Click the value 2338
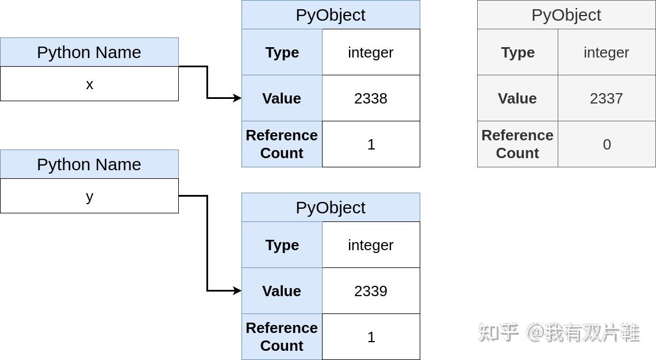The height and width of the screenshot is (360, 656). coord(370,98)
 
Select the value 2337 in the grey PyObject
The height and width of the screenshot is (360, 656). coord(606,98)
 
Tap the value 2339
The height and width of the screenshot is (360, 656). coord(370,291)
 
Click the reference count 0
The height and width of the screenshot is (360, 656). coord(607,144)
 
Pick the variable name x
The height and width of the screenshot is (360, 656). coord(89,85)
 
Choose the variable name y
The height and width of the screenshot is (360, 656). coord(89,197)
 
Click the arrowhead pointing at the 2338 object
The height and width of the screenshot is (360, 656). coord(237,98)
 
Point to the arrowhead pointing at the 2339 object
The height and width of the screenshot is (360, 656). coord(237,291)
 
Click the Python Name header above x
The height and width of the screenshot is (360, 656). coord(89,52)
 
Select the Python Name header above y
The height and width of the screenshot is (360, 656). coord(89,164)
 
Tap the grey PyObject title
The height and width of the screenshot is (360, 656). coord(566,15)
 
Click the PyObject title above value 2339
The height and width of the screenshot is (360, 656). coord(331,208)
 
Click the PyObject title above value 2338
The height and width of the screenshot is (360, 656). coord(331,15)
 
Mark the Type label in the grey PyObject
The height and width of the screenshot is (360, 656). coord(517,52)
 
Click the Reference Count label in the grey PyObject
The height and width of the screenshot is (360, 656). coord(517,144)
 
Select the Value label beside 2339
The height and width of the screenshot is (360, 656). coord(282,291)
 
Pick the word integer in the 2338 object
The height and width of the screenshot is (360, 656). coord(370,52)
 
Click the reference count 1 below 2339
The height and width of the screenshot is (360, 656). coord(371,337)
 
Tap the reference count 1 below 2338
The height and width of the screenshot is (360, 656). coord(371,144)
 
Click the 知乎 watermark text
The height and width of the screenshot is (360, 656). coord(498,332)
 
